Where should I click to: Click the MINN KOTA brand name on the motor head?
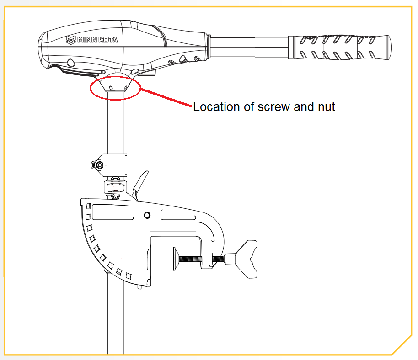tap(97, 40)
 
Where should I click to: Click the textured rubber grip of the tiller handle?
tap(340, 47)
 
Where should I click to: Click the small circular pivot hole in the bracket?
tap(147, 215)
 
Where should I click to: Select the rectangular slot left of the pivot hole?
tap(112, 212)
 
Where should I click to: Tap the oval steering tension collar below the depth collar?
tap(114, 187)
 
